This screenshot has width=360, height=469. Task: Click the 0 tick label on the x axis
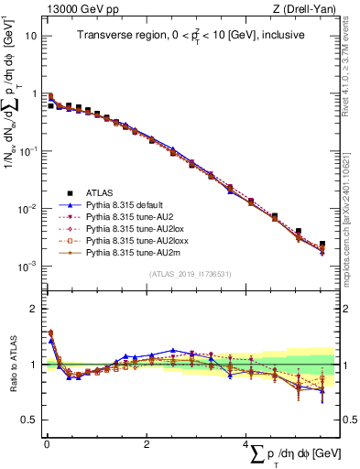point(47,444)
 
